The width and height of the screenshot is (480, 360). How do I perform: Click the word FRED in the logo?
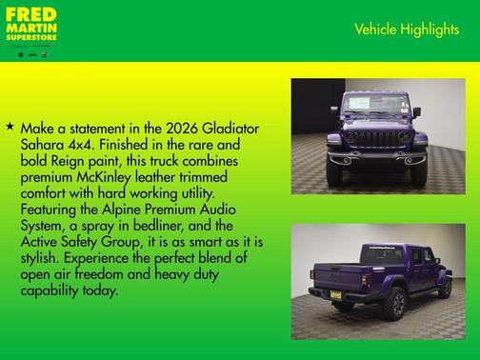pyautogui.click(x=30, y=15)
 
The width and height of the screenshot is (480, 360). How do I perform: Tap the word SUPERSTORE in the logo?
pyautogui.click(x=31, y=38)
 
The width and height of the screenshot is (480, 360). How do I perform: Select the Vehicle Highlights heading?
pyautogui.click(x=407, y=30)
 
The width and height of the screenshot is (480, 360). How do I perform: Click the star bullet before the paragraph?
pyautogui.click(x=10, y=126)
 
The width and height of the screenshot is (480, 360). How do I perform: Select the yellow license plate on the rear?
pyautogui.click(x=335, y=294)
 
